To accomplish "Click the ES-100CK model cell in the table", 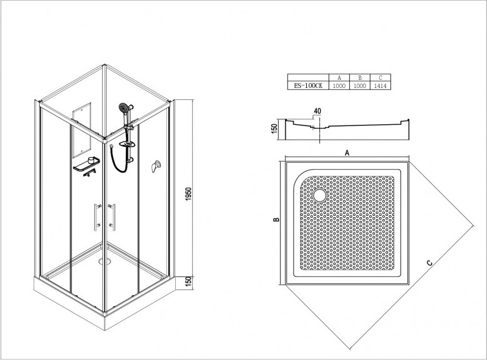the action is pyautogui.click(x=308, y=86).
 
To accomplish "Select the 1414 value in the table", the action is pyautogui.click(x=380, y=86).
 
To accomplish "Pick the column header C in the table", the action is pyautogui.click(x=380, y=78).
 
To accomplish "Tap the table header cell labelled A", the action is pyautogui.click(x=339, y=78).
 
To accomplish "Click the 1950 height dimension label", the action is pyautogui.click(x=188, y=193).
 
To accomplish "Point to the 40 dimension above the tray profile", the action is pyautogui.click(x=317, y=111).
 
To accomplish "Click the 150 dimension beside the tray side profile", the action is pyautogui.click(x=274, y=129).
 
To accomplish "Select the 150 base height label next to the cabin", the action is pyautogui.click(x=188, y=281).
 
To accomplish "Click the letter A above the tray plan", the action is pyautogui.click(x=347, y=153).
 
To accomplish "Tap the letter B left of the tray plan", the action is pyautogui.click(x=276, y=220).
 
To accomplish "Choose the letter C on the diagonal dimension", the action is pyautogui.click(x=430, y=263).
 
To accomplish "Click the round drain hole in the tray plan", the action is pyautogui.click(x=320, y=195).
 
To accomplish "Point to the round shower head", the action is pyautogui.click(x=124, y=108).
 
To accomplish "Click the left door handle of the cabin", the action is pyautogui.click(x=97, y=217).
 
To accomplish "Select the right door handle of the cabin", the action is pyautogui.click(x=112, y=217).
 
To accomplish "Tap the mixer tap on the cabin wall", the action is pyautogui.click(x=156, y=167).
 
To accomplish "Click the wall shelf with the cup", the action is pyautogui.click(x=87, y=164).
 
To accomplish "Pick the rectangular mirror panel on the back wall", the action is pyautogui.click(x=82, y=130).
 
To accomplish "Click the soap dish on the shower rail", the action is pyautogui.click(x=127, y=144).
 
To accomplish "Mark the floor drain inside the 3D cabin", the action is pyautogui.click(x=105, y=261).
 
